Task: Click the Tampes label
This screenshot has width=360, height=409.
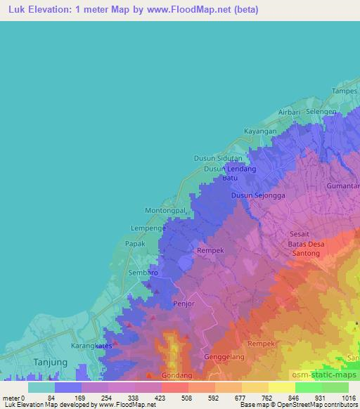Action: tap(345, 91)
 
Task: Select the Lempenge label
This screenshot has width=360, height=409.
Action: tap(148, 228)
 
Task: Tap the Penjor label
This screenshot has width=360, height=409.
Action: tap(182, 304)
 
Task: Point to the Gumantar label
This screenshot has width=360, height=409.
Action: tap(343, 186)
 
